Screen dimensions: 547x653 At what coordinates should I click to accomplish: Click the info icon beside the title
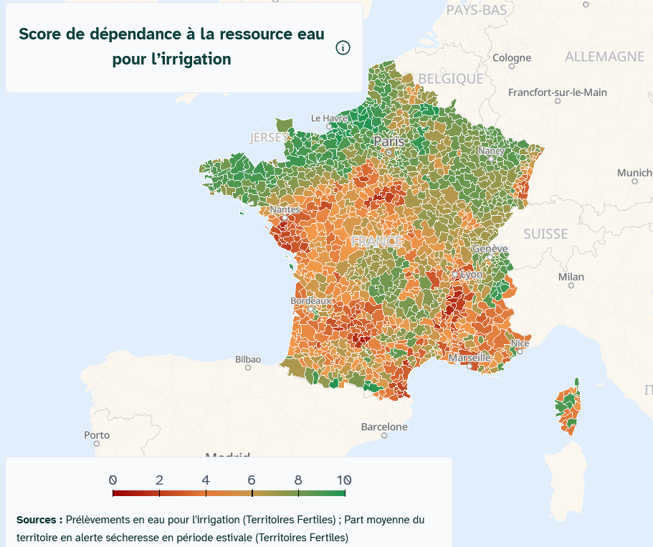tap(343, 48)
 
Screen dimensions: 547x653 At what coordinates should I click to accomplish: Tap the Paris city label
tap(389, 142)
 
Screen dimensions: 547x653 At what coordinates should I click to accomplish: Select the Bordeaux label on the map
tap(312, 301)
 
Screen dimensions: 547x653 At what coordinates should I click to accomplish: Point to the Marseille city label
tap(470, 357)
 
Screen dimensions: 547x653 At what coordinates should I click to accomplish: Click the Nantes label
tap(285, 209)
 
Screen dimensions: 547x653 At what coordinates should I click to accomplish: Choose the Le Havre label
tap(329, 118)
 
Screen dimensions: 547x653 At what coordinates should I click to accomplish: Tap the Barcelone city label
tap(384, 427)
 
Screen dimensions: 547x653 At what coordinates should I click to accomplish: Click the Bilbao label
tap(248, 359)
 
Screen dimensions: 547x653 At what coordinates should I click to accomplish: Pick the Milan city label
tap(571, 277)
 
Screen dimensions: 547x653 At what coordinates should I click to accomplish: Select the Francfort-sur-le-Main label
tap(558, 92)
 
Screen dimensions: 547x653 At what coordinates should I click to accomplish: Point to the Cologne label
tap(512, 57)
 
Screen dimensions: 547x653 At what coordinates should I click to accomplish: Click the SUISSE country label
tap(545, 234)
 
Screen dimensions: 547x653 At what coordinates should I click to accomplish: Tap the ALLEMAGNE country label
tap(604, 57)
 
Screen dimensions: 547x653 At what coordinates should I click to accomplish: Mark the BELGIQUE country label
tap(452, 78)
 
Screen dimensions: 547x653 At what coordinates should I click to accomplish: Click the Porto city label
tap(97, 434)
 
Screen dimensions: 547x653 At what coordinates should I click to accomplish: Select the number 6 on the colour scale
tap(252, 480)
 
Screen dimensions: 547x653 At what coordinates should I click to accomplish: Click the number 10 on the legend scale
tap(343, 480)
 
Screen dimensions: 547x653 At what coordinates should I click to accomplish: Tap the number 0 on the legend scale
tap(113, 480)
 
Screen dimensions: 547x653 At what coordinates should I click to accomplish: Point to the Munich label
tap(634, 173)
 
